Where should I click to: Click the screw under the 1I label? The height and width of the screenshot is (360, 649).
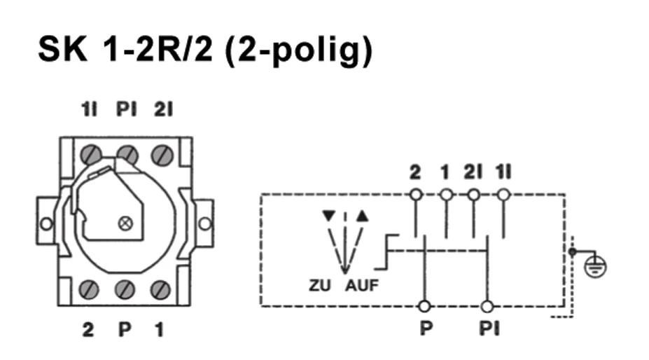tap(89, 153)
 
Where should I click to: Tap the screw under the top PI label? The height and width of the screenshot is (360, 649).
tap(127, 153)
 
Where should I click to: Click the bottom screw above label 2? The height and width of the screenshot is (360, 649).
tap(89, 289)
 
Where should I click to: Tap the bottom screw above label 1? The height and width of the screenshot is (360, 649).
tap(162, 289)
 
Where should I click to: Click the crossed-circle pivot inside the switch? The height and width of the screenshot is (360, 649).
tap(127, 223)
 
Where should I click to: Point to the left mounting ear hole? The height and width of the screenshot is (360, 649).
tap(46, 224)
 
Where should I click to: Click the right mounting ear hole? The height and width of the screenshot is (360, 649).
tap(204, 224)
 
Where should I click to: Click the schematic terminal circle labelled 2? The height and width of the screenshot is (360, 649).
tap(415, 194)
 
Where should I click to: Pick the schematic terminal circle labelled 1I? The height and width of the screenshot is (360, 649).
tap(503, 194)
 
